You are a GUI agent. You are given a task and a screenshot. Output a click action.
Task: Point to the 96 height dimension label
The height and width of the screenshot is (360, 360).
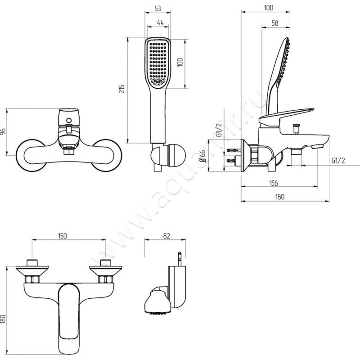[4, 132]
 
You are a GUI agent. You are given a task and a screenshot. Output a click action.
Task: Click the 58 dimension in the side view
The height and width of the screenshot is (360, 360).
[274, 23]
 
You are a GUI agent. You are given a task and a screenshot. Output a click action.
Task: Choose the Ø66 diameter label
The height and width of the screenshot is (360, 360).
[203, 157]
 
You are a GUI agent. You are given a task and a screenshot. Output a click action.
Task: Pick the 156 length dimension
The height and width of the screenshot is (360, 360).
[273, 183]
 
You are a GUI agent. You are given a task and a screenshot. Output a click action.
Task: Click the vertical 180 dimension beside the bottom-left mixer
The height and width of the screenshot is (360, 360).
[4, 319]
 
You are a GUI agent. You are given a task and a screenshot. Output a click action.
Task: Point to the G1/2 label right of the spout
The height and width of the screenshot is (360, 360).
[338, 160]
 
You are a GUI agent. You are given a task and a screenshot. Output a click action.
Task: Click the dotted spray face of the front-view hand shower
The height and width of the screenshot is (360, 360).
[157, 63]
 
